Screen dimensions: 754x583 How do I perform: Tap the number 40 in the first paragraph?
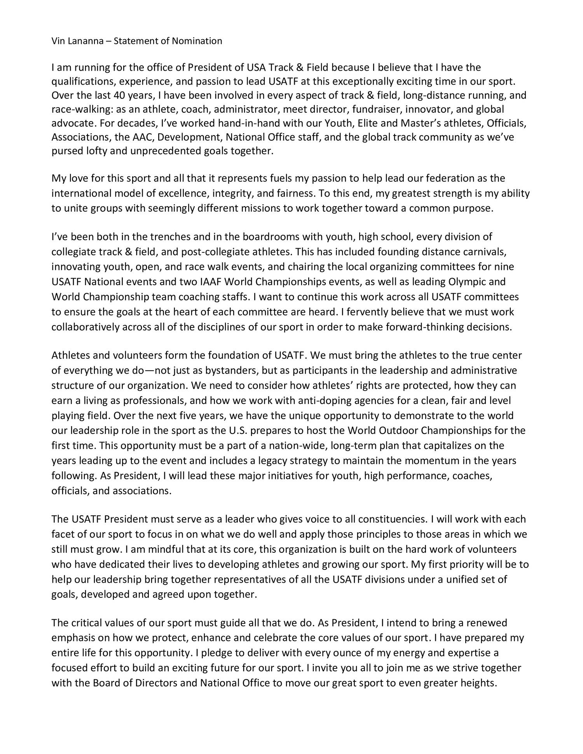tap(119, 96)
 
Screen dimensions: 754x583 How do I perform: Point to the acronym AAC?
tap(143, 137)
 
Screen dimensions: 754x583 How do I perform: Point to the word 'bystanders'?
tap(230, 371)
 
